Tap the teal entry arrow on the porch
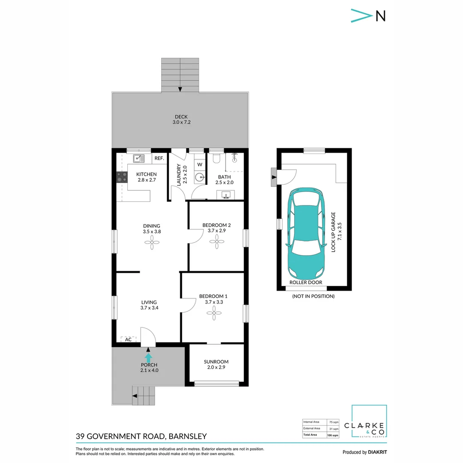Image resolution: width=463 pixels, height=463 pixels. point(148,357)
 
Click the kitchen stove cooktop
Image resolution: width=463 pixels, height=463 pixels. point(122,177)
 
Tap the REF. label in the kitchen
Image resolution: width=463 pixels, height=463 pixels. point(159,159)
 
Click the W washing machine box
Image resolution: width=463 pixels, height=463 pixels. point(200,164)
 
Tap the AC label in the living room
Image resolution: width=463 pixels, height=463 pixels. point(128,340)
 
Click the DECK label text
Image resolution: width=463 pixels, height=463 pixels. point(181,117)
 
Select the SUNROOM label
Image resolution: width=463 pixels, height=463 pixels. point(216,361)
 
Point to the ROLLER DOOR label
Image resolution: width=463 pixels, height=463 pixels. point(306,283)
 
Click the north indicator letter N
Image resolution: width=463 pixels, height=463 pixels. point(380,16)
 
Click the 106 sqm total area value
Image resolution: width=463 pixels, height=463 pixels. point(333,435)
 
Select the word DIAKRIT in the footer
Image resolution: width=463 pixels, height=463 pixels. point(378,452)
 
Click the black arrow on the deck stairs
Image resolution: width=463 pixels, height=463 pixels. point(180,89)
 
